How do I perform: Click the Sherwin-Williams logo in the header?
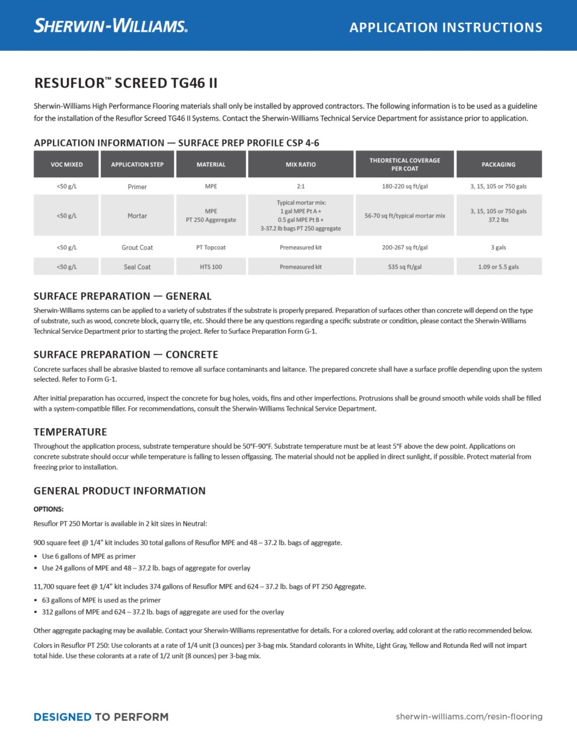[x=111, y=26]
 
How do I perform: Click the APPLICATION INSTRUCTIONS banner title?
[x=446, y=27]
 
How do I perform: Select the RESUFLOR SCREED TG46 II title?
[x=126, y=83]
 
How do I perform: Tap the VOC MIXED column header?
[x=66, y=165]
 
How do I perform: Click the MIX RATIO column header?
[x=301, y=165]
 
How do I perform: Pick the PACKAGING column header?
[x=498, y=165]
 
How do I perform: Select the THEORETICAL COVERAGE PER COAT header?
[x=404, y=164]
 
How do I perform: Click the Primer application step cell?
[x=137, y=187]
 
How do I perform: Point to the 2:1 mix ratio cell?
[x=301, y=187]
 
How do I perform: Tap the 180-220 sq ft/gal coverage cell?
[x=404, y=187]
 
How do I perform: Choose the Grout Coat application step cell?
[x=137, y=247]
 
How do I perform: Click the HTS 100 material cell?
[x=211, y=267]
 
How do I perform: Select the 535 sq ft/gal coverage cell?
[x=404, y=267]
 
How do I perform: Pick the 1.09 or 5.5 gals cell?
[x=498, y=267]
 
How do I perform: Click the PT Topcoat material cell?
[x=211, y=247]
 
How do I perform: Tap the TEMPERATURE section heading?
[x=71, y=432]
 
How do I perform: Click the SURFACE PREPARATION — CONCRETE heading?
[x=126, y=354]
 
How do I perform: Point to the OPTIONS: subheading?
[x=48, y=509]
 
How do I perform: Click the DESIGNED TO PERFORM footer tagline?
[x=101, y=717]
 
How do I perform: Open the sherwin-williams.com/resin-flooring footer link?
[x=469, y=717]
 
